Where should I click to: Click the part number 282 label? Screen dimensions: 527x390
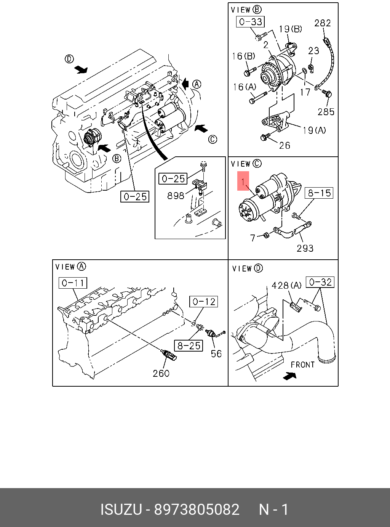click(x=322, y=23)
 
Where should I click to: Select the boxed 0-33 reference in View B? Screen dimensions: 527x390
click(x=251, y=22)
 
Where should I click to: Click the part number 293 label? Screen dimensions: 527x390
click(x=305, y=248)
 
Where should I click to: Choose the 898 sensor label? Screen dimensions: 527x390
click(x=176, y=196)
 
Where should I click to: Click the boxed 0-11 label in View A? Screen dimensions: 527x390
click(x=73, y=283)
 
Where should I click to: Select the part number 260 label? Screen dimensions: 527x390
click(x=161, y=373)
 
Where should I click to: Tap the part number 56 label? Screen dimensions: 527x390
click(x=216, y=354)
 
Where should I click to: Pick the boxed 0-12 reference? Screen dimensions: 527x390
click(x=204, y=302)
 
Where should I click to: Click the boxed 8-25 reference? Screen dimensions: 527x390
click(x=189, y=345)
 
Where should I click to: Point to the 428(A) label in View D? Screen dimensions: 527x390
click(x=286, y=285)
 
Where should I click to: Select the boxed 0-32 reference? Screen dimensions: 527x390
click(x=320, y=282)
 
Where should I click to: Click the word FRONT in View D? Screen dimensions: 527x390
click(x=303, y=365)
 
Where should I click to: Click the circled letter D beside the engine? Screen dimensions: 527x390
click(x=69, y=59)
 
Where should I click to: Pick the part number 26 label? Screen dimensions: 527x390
click(x=285, y=146)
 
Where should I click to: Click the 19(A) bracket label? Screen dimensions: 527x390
click(x=314, y=130)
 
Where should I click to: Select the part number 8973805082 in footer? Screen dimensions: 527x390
click(x=197, y=509)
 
